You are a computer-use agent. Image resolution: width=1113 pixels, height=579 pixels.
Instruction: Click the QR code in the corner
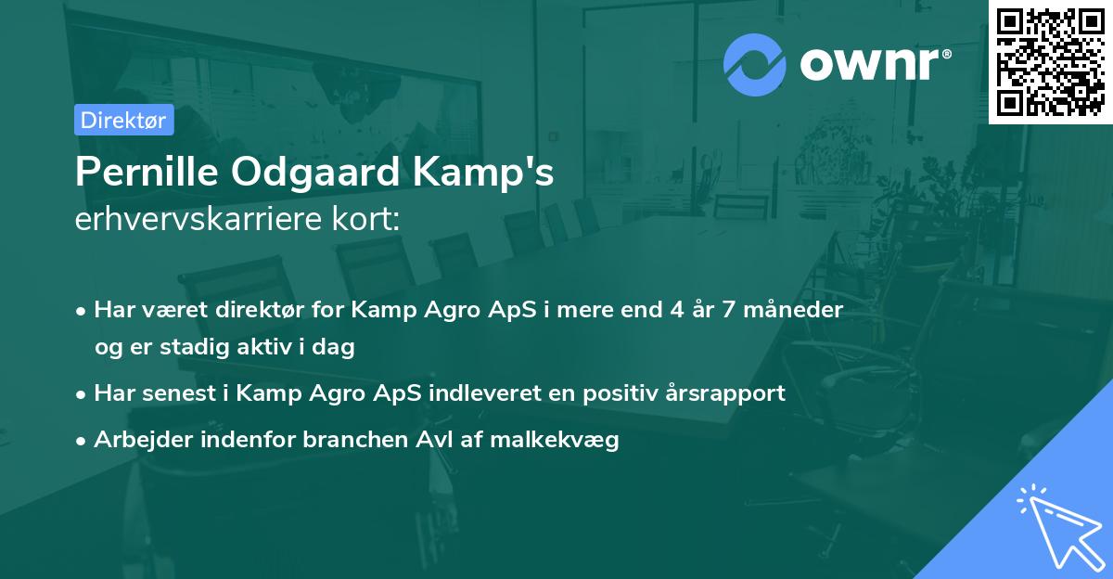tap(1050, 62)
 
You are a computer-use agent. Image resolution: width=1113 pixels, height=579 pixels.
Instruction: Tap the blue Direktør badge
tap(123, 120)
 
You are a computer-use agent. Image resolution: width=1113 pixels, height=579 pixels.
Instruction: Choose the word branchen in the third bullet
tap(348, 440)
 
